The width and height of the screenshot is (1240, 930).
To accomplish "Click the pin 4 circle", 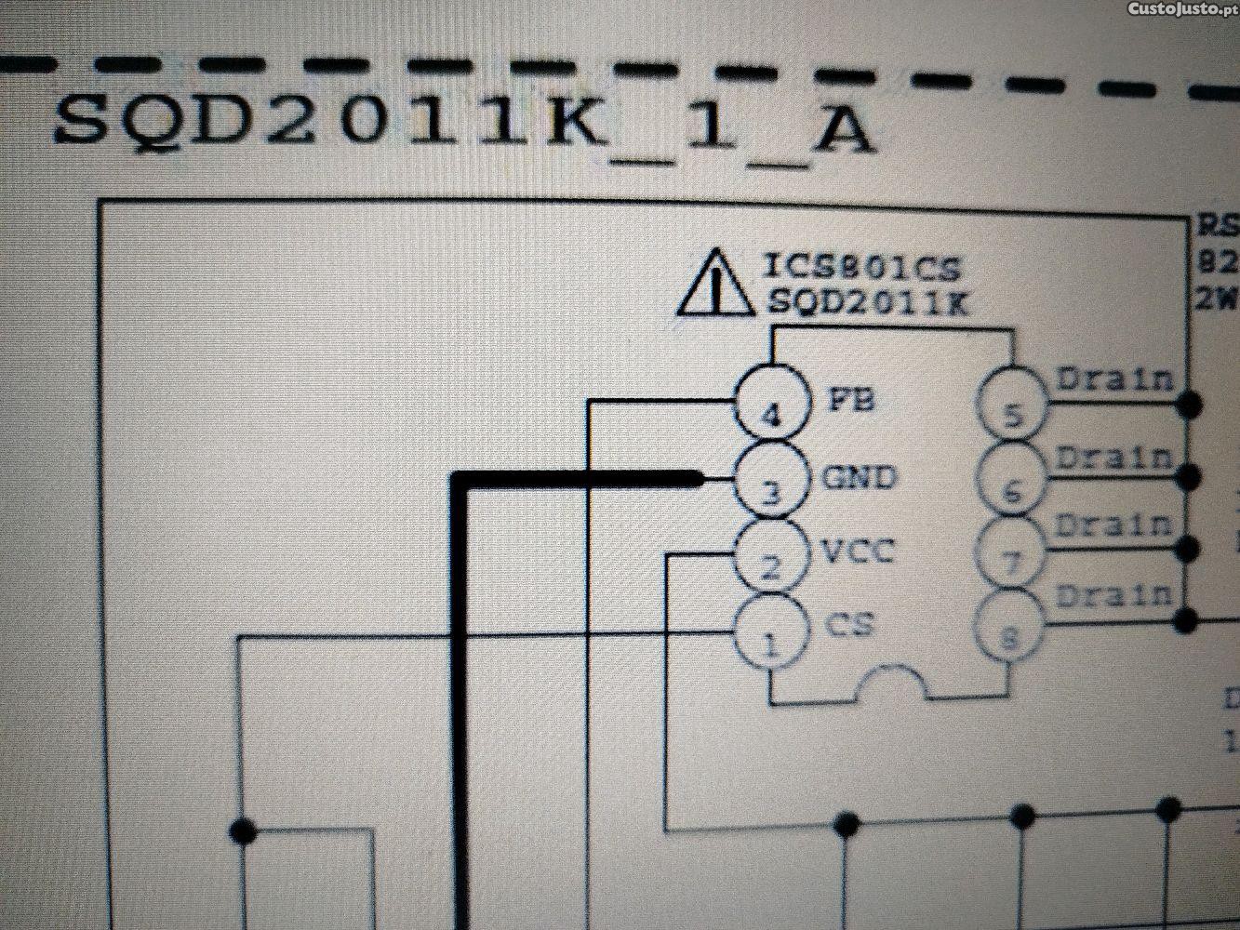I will click(771, 405).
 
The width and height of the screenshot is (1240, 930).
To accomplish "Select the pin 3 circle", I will click(770, 480).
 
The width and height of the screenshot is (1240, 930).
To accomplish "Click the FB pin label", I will click(849, 401).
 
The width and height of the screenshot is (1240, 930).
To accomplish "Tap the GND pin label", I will click(859, 477).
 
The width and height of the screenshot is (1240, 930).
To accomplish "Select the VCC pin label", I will click(857, 551).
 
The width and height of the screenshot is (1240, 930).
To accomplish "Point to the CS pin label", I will click(849, 624).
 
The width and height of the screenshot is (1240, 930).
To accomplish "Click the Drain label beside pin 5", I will click(1114, 379).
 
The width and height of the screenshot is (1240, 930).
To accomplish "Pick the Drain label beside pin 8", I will click(1114, 594).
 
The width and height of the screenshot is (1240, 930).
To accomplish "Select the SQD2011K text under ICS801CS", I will click(866, 303).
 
